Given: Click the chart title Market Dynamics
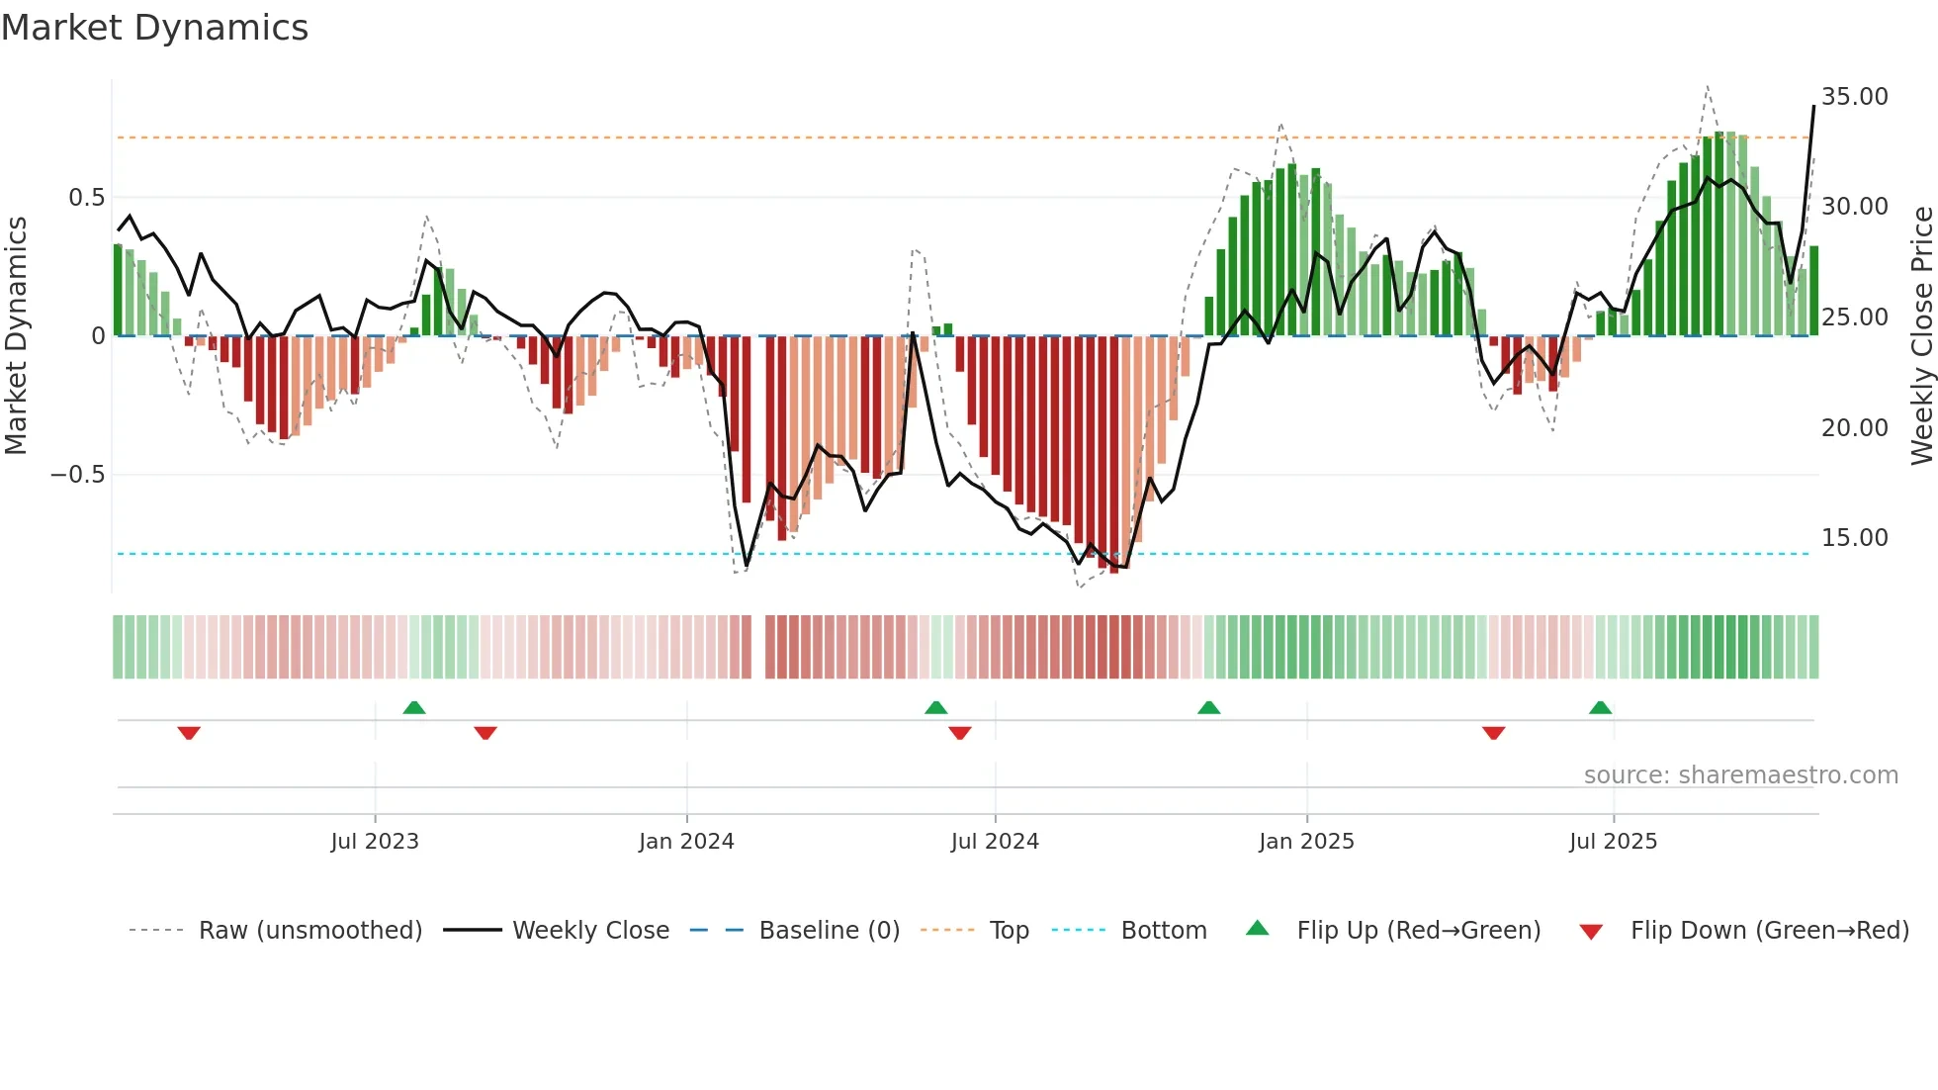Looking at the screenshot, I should [x=155, y=28].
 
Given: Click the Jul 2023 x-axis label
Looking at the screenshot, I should [x=375, y=842].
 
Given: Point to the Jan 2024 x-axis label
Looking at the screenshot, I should [x=686, y=842].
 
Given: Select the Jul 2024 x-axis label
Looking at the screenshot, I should [x=995, y=842].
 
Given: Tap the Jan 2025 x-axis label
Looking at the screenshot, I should [x=1306, y=842].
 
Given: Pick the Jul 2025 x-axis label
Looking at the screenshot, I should [x=1613, y=842].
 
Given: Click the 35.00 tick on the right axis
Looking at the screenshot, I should [x=1854, y=97].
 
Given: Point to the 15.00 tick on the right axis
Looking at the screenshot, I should [x=1854, y=538].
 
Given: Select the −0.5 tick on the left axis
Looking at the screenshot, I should [x=77, y=475].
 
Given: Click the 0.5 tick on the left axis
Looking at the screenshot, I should [x=86, y=198].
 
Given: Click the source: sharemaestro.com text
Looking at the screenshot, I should [x=1740, y=775].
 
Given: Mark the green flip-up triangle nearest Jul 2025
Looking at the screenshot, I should [x=1600, y=707].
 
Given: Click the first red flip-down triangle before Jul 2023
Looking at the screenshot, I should [x=189, y=733].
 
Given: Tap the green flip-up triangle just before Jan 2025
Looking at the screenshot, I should [x=1208, y=707].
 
